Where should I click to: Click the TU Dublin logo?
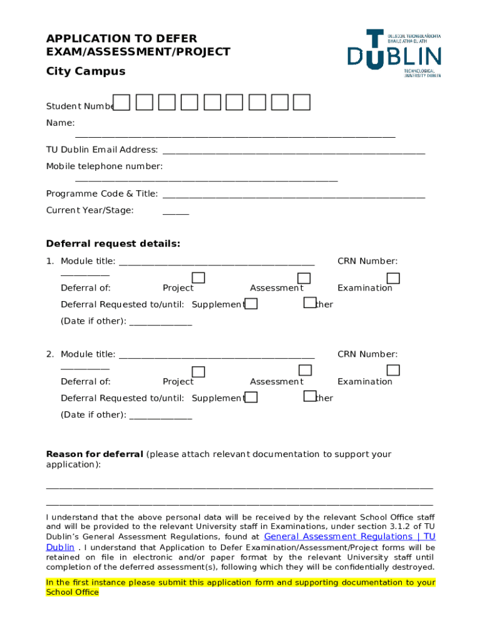tap(394, 54)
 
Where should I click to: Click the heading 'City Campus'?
tap(86, 71)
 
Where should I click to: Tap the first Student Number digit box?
tap(122, 102)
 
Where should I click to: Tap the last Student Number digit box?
tap(302, 102)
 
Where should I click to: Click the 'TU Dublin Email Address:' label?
tap(102, 150)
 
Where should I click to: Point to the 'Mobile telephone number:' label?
tap(105, 166)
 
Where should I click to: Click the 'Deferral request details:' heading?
tap(113, 244)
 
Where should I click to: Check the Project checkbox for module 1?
tap(198, 278)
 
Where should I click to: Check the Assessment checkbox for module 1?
tap(304, 278)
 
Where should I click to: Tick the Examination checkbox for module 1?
tap(393, 278)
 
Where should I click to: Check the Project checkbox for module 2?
tap(198, 372)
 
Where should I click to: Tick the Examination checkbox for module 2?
tap(393, 371)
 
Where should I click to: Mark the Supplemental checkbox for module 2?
tap(251, 397)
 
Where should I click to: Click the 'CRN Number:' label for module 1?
tap(367, 261)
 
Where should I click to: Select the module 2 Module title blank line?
tap(217, 356)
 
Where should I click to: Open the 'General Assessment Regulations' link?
tap(349, 536)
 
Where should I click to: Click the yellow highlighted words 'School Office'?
tap(73, 592)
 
